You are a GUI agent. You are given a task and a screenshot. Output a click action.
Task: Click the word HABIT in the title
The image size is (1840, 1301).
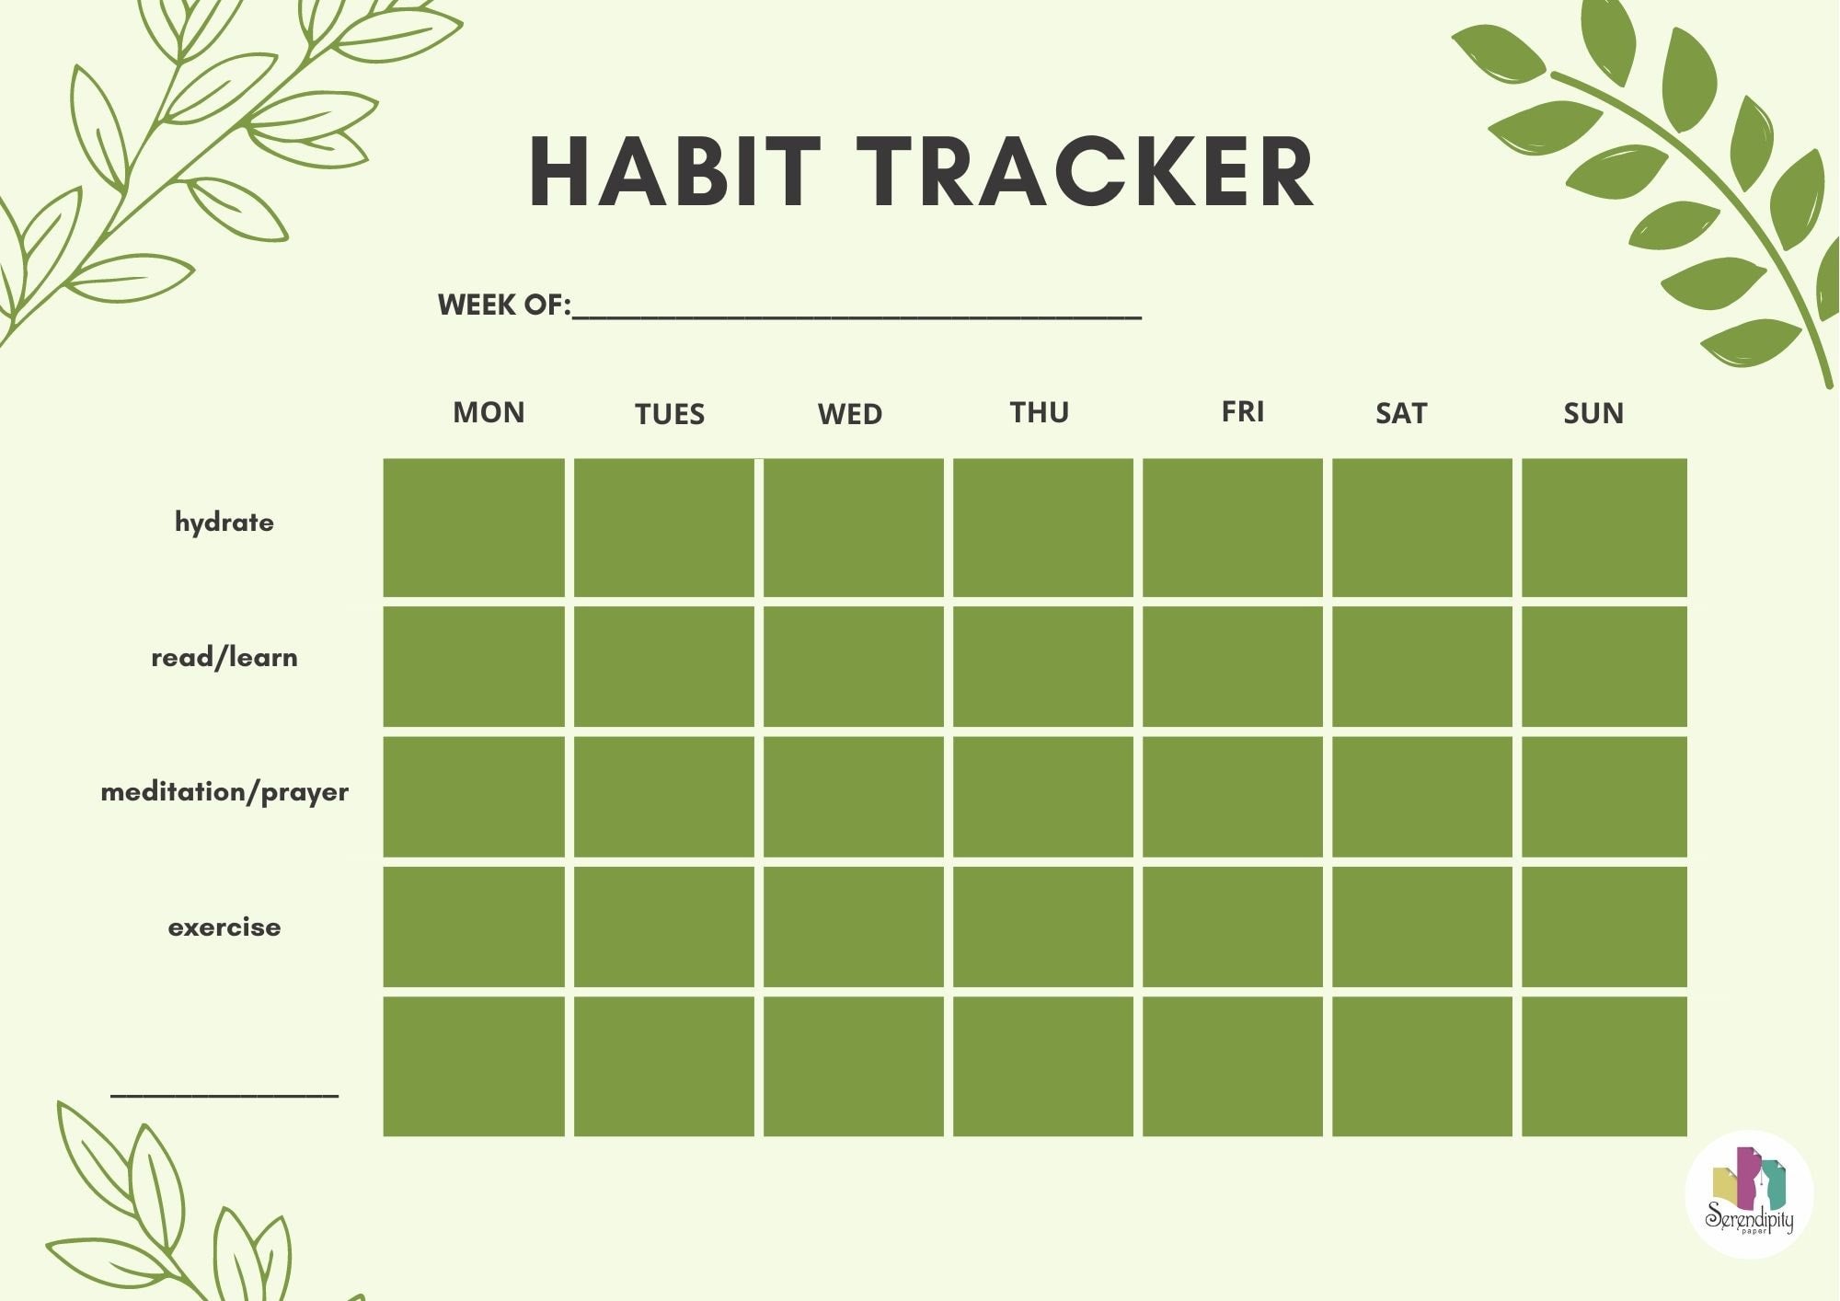(x=675, y=172)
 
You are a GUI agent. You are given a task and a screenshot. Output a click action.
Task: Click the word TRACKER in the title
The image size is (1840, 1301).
(x=1091, y=172)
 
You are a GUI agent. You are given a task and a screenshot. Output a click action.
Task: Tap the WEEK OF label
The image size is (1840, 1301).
(x=504, y=305)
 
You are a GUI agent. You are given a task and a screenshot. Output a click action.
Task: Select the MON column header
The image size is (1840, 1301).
(x=489, y=412)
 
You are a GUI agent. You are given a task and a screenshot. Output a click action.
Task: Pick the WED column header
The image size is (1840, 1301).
(x=850, y=414)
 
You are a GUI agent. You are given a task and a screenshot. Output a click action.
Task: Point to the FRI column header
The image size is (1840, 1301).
(x=1243, y=411)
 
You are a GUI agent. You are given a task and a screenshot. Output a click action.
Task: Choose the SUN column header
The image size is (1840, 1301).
(x=1593, y=413)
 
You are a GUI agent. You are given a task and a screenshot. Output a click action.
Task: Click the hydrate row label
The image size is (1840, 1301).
(x=224, y=523)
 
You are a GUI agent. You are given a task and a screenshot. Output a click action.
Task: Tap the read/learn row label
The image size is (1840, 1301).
(x=224, y=657)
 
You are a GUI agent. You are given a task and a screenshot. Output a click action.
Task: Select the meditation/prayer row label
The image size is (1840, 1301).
(x=224, y=792)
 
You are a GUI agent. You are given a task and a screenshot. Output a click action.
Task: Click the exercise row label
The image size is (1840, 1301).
(x=224, y=927)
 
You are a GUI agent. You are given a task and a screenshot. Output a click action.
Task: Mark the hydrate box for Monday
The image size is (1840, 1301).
(x=474, y=528)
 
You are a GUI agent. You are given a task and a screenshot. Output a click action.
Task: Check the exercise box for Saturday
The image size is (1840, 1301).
(x=1422, y=927)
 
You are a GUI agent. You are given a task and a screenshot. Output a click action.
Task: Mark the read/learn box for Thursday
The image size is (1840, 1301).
(x=1043, y=666)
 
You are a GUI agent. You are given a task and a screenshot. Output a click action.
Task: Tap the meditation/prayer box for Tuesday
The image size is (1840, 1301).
(x=664, y=797)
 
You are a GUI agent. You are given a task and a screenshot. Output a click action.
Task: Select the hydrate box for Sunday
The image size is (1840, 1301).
(x=1604, y=528)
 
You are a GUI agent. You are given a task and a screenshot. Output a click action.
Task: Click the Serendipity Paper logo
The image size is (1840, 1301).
(x=1749, y=1194)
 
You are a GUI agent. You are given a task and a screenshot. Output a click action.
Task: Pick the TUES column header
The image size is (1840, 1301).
(x=670, y=414)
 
